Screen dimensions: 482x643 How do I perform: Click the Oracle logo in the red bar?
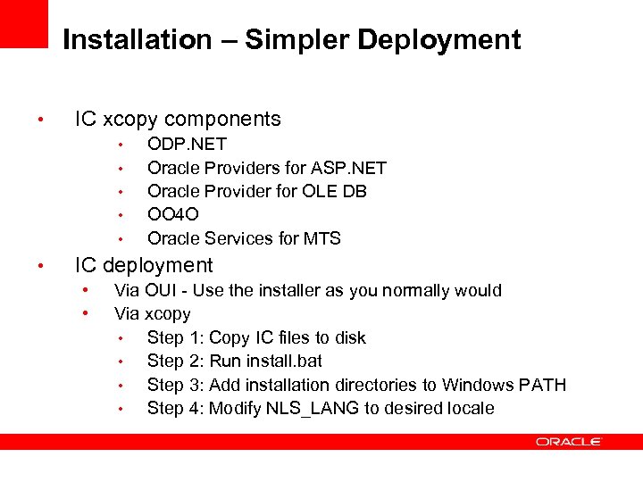click(569, 442)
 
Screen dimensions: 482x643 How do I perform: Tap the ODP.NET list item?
click(187, 144)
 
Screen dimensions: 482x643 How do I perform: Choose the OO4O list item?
click(172, 214)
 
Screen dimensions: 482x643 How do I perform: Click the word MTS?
click(322, 238)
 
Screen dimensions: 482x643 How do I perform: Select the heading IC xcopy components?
click(178, 119)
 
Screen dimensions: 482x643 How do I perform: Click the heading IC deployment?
click(144, 265)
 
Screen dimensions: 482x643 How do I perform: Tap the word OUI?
click(157, 290)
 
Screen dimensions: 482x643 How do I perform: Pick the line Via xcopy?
click(152, 313)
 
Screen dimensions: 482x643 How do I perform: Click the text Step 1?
click(176, 337)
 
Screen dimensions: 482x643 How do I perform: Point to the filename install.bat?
click(284, 361)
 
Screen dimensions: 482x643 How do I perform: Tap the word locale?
click(470, 408)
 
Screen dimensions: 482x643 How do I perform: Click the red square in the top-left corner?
click(23, 23)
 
